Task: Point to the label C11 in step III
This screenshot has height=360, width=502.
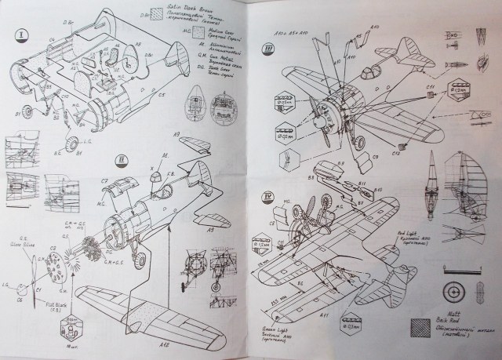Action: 430,85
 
